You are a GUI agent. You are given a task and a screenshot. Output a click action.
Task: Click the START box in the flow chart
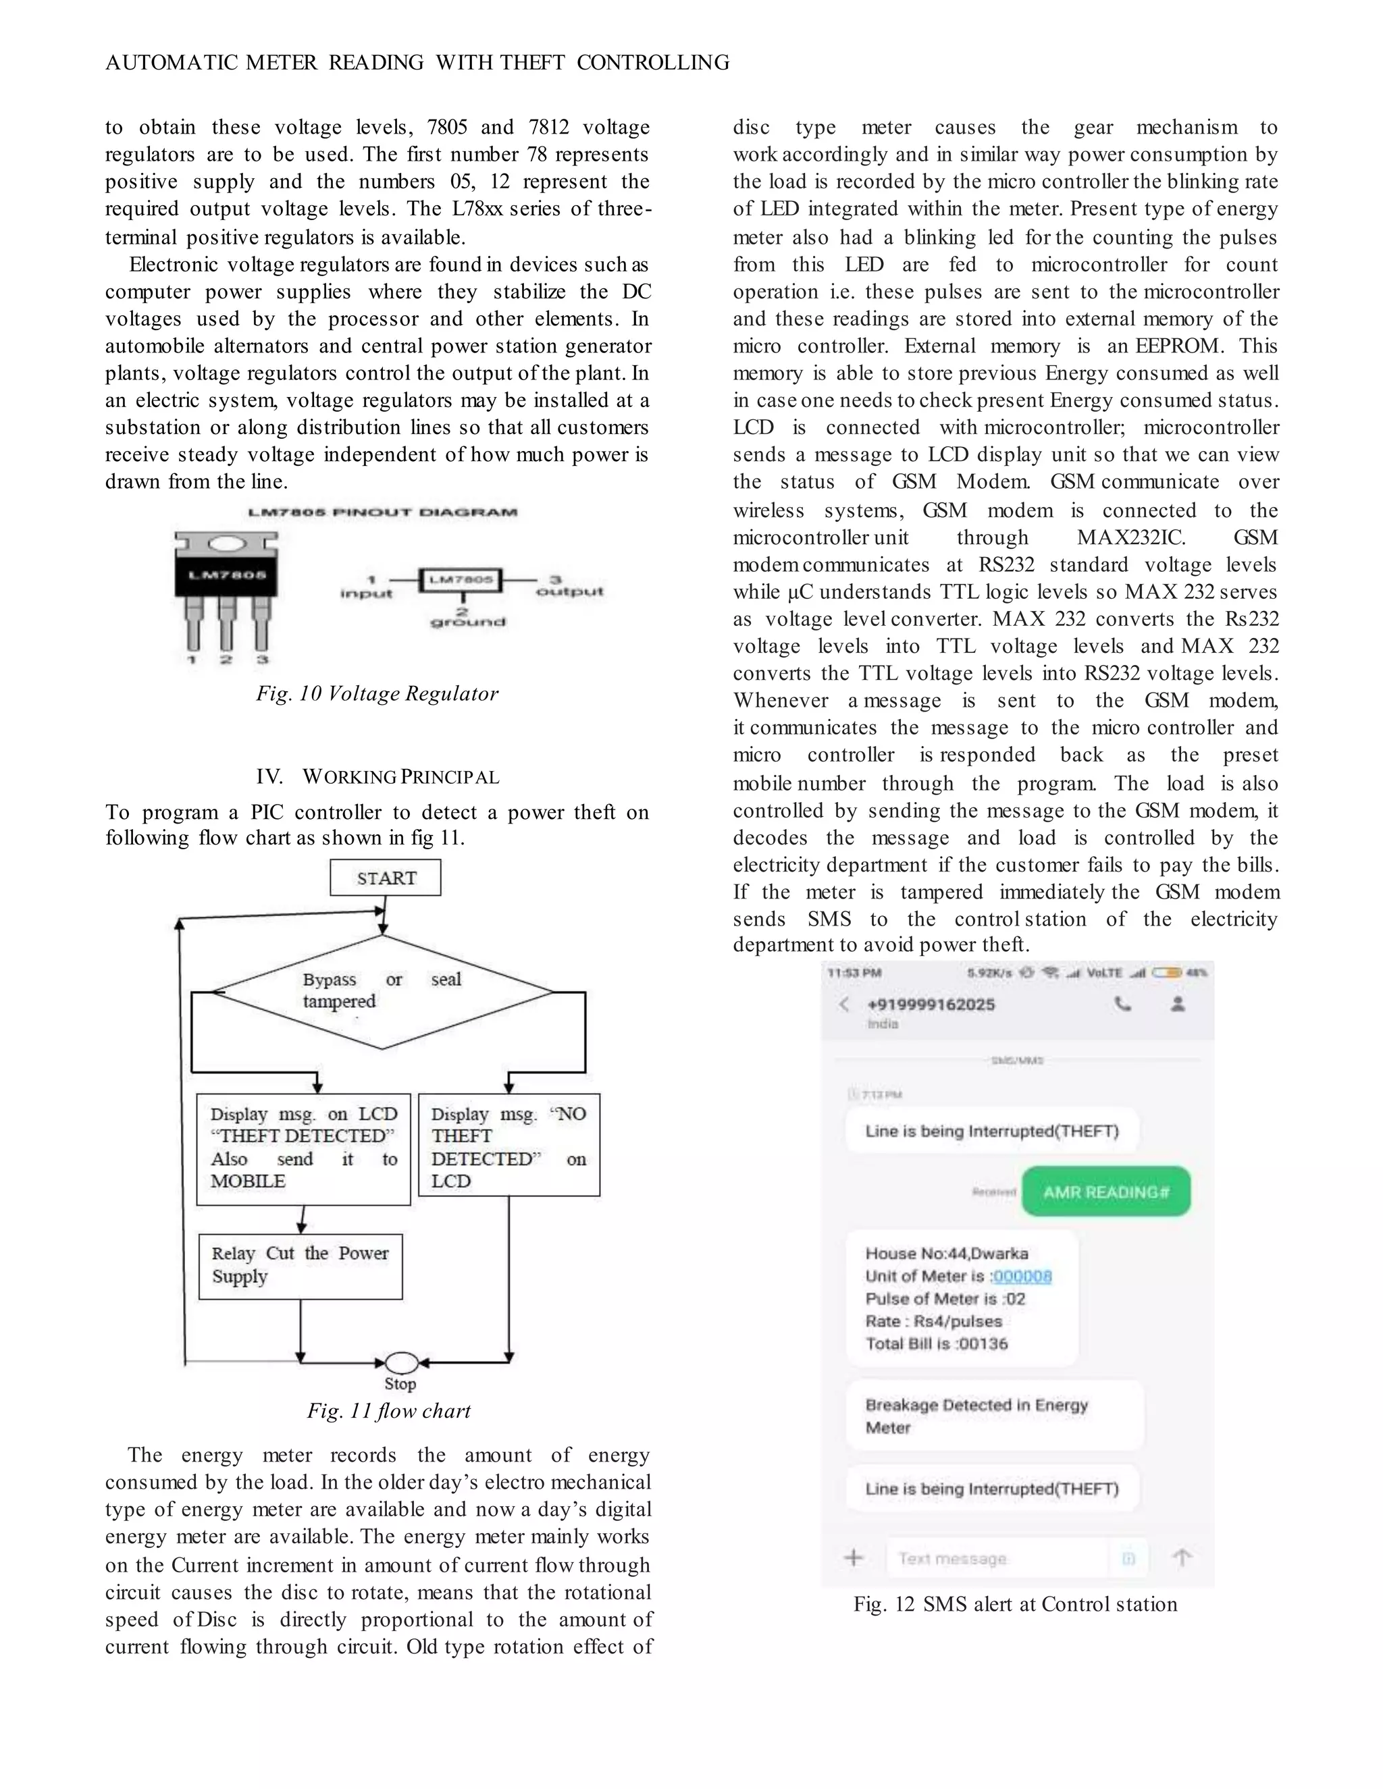[x=385, y=878]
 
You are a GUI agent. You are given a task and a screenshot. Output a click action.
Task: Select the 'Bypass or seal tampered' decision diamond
[x=383, y=992]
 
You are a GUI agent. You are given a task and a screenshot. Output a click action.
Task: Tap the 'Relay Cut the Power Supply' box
[x=301, y=1266]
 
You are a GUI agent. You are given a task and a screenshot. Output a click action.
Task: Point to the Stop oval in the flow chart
[x=402, y=1362]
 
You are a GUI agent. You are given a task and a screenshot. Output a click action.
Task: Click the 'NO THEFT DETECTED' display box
[x=508, y=1145]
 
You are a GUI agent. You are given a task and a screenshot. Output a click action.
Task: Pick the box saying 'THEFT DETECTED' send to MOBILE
[x=303, y=1148]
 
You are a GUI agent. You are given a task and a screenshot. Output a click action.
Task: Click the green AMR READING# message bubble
[x=1105, y=1192]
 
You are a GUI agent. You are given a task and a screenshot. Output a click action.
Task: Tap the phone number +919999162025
[x=931, y=1005]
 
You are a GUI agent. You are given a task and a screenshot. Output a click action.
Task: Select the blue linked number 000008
[x=1022, y=1276]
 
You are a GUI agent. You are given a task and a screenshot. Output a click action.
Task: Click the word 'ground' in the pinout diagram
[x=467, y=622]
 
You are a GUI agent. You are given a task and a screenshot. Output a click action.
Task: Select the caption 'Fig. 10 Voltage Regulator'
[x=377, y=694]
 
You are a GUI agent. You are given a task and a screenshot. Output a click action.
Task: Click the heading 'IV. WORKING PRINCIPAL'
[x=377, y=776]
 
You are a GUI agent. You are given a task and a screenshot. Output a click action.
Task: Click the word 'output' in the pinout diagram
[x=569, y=591]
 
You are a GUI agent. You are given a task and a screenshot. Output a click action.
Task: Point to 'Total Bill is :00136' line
[x=937, y=1343]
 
